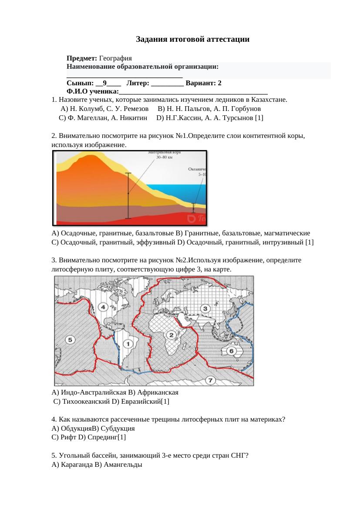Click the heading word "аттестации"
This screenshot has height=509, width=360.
pyautogui.click(x=229, y=40)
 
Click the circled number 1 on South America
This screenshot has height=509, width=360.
pyautogui.click(x=128, y=345)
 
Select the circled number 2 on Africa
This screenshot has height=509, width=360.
pyautogui.click(x=172, y=335)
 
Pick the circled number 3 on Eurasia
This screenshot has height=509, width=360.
pyautogui.click(x=205, y=308)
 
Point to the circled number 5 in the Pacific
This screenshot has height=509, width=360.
pyautogui.click(x=69, y=339)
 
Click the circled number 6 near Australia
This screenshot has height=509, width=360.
pyautogui.click(x=232, y=351)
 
